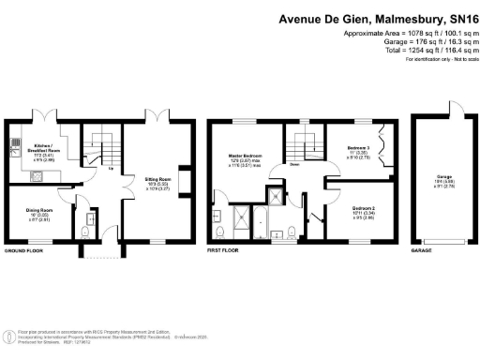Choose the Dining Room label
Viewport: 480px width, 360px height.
click(x=31, y=217)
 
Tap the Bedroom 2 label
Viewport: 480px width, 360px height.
click(x=365, y=212)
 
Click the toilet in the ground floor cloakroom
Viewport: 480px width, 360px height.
click(x=86, y=231)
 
